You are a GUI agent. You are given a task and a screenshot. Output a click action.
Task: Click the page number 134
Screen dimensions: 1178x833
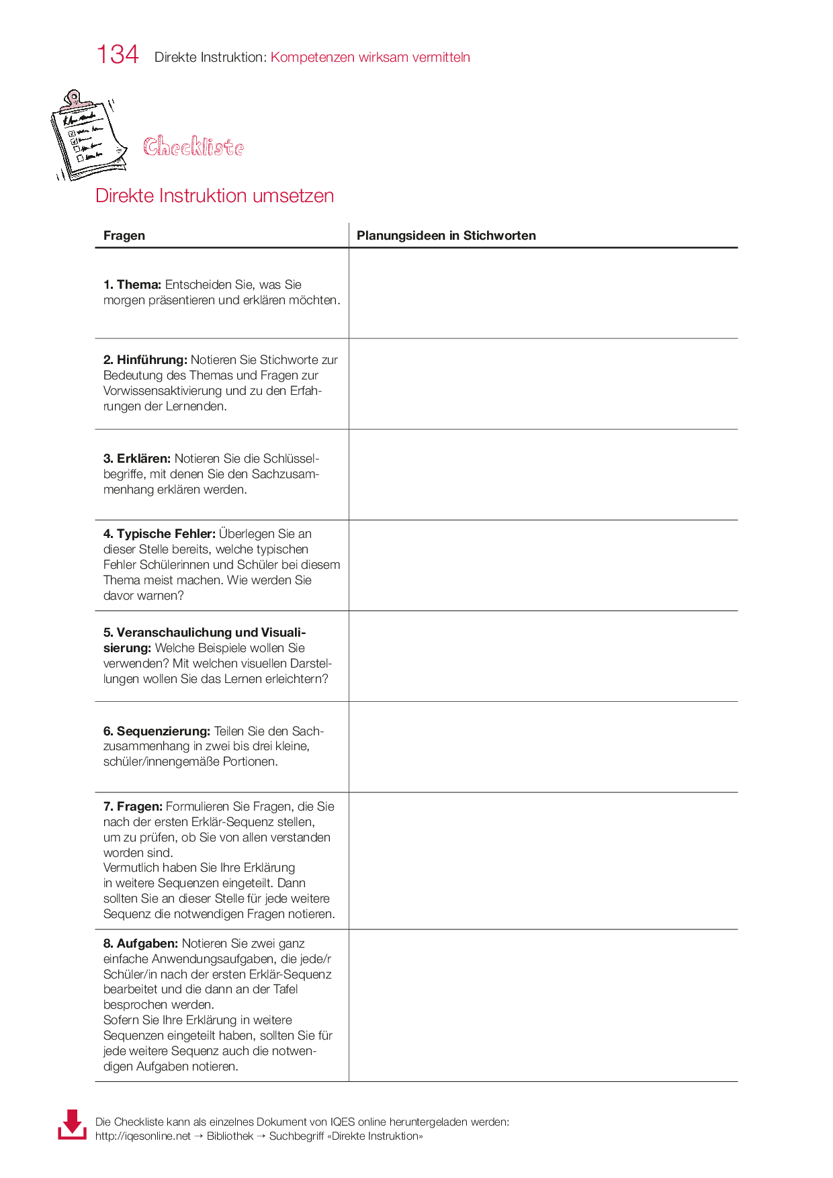pos(118,54)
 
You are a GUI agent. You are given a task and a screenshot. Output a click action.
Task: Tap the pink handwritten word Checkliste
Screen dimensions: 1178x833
pos(193,146)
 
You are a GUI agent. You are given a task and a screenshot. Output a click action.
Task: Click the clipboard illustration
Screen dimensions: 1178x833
pos(87,135)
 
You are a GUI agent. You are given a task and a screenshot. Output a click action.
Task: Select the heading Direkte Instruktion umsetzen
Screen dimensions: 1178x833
pos(214,195)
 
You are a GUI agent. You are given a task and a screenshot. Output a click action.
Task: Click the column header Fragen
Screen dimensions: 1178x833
pos(124,235)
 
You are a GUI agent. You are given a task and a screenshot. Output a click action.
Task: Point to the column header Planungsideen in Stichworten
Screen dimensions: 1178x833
pos(446,235)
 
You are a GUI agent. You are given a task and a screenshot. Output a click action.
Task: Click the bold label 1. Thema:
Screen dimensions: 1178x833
pos(132,285)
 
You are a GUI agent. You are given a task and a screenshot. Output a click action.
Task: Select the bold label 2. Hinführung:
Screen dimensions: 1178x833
pos(145,360)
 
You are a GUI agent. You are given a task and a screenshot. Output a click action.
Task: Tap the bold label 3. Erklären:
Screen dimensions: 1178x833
pos(137,459)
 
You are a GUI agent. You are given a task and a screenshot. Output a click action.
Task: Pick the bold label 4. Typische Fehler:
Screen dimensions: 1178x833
pos(159,534)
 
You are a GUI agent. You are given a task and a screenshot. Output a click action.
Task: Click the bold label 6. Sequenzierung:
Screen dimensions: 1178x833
pos(157,731)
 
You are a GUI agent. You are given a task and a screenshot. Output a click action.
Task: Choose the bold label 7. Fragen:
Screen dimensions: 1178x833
pos(133,806)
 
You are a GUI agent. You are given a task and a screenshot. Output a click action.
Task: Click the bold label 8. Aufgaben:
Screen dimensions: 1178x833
pos(140,944)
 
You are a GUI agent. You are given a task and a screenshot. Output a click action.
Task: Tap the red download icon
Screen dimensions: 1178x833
pos(72,1124)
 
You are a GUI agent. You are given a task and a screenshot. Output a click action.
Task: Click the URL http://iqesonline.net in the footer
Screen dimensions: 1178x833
pos(143,1136)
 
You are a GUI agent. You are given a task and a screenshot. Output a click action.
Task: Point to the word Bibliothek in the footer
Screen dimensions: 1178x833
pos(230,1136)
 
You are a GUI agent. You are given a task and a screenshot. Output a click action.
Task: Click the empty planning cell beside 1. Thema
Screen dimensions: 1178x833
pos(543,293)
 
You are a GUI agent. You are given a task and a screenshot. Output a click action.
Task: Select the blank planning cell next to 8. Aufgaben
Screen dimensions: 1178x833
pos(543,1005)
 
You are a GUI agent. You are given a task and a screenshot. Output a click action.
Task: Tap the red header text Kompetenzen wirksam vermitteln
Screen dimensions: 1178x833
pos(370,57)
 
